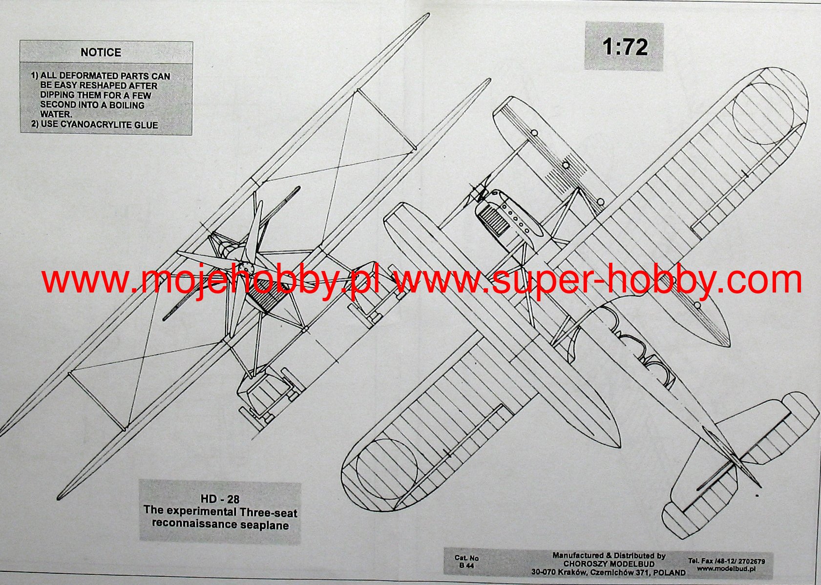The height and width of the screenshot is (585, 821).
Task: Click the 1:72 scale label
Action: coord(625,47)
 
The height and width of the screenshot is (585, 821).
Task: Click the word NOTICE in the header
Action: coord(101,52)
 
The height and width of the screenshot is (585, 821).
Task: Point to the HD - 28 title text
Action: coord(220,499)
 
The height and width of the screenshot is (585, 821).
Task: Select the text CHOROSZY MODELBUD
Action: coord(609,564)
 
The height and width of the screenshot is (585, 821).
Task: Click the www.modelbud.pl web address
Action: coord(726,568)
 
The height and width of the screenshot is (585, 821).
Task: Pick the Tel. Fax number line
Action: coord(726,561)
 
